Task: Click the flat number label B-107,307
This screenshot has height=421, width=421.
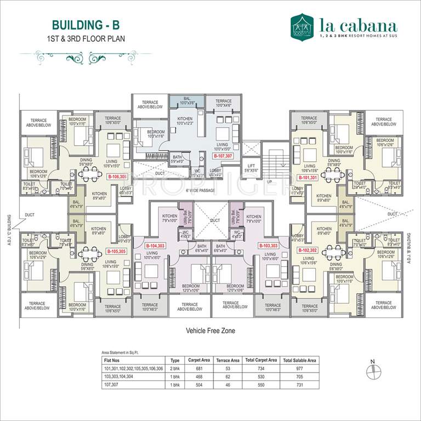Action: [x=224, y=156]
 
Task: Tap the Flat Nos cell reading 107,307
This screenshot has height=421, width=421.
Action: [x=112, y=385]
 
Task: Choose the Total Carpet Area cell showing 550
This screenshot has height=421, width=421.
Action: [x=260, y=385]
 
